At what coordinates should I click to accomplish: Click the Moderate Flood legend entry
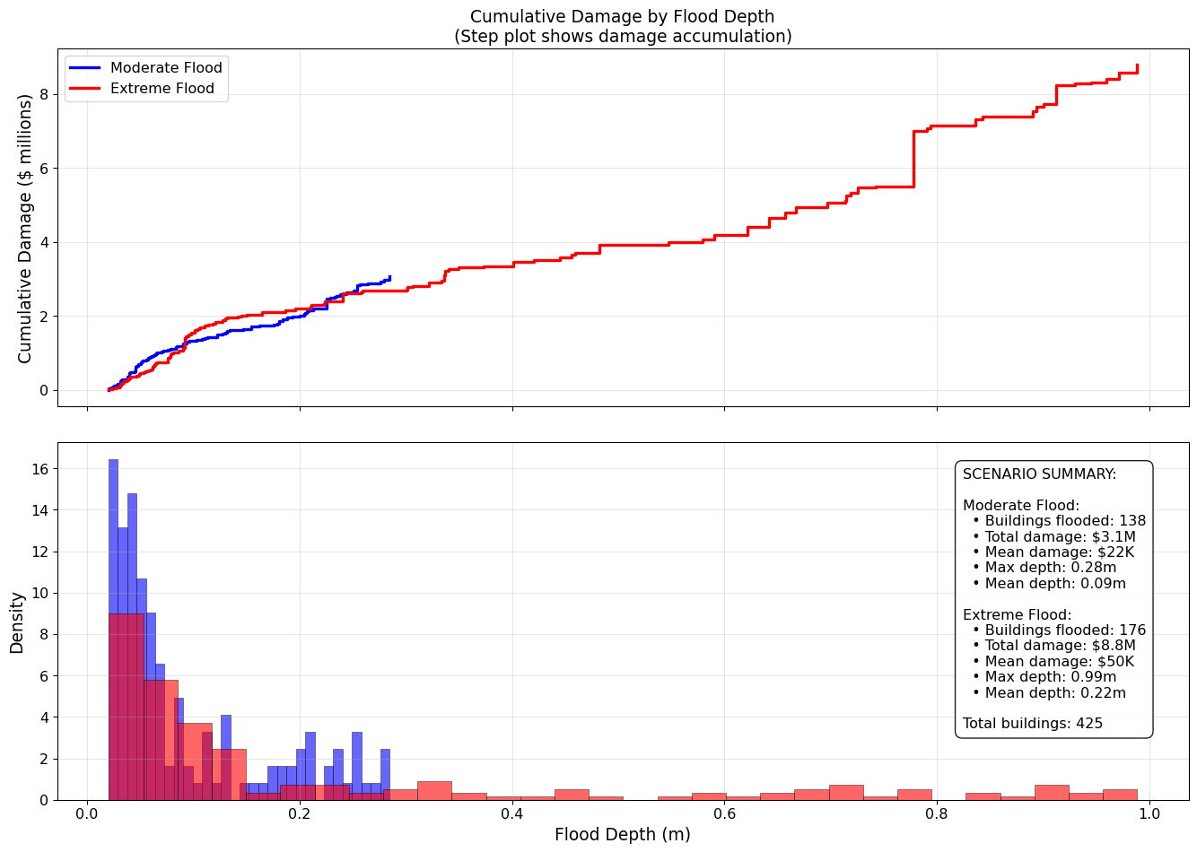coord(166,68)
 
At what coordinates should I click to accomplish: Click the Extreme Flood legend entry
coord(162,89)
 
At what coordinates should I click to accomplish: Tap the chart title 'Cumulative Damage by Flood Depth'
coord(622,17)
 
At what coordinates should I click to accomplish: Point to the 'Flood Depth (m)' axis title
coord(622,835)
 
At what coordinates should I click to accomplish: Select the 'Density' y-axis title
coord(17,622)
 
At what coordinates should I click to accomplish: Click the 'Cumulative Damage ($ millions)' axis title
coord(25,229)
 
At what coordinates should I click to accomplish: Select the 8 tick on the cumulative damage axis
coord(42,94)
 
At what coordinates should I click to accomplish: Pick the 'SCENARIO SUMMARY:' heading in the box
coord(1039,474)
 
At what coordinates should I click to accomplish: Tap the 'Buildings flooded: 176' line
coord(1065,630)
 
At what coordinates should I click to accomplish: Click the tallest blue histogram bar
coord(113,628)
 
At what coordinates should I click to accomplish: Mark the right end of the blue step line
coord(389,277)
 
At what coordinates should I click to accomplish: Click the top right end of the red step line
coord(1137,65)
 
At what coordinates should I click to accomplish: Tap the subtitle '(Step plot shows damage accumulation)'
coord(622,37)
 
